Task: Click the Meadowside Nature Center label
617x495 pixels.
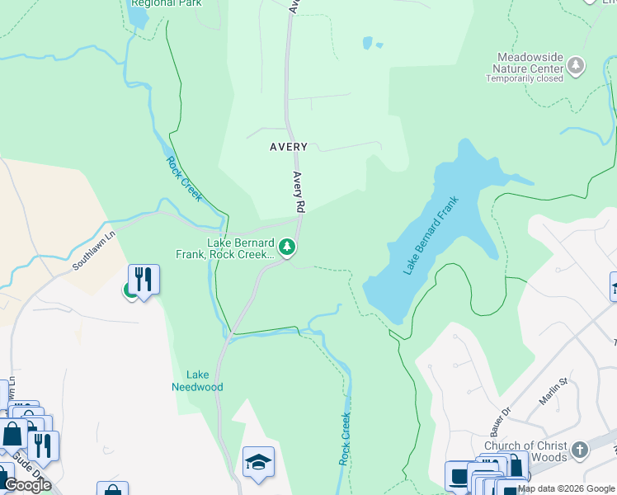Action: (x=528, y=62)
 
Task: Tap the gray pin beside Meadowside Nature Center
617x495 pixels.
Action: (x=576, y=65)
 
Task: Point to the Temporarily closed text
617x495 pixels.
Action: (x=524, y=79)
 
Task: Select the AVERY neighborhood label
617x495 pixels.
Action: (x=289, y=147)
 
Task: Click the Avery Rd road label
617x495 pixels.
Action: (x=299, y=191)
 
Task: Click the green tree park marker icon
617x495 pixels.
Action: (x=286, y=247)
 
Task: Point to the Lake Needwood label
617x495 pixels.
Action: (x=197, y=380)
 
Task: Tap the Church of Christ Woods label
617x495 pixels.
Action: (x=525, y=451)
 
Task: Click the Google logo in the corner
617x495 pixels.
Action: (x=27, y=485)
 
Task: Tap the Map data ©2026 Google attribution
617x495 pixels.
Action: (x=566, y=488)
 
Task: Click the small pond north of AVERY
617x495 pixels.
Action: (x=368, y=42)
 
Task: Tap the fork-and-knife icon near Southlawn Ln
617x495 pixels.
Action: (x=144, y=279)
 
